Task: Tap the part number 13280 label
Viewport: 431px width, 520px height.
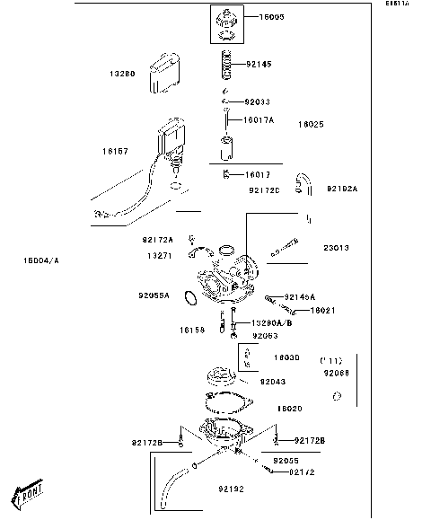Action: [x=123, y=74]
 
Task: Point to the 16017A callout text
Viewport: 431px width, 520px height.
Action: [x=258, y=119]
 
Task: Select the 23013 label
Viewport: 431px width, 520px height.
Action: [x=337, y=247]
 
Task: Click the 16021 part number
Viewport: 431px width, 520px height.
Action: [x=323, y=310]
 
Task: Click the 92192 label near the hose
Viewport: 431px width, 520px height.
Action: [x=230, y=489]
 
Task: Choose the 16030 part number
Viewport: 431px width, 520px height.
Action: [x=286, y=357]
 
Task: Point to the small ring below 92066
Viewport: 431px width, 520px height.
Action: [x=334, y=396]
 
